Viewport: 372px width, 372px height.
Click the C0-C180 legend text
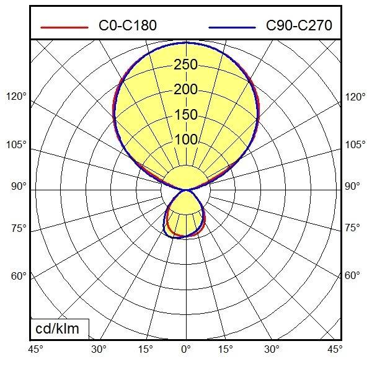[x=128, y=26]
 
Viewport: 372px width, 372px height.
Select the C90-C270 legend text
[x=299, y=26]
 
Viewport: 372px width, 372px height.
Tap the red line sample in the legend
[x=64, y=27]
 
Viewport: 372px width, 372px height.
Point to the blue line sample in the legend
[x=232, y=27]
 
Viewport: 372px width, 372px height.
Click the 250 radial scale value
[x=185, y=64]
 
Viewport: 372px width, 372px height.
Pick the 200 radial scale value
[x=185, y=90]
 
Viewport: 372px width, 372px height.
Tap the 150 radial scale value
[x=185, y=115]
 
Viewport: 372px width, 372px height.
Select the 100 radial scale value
[x=185, y=139]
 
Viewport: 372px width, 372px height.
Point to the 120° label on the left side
[x=17, y=97]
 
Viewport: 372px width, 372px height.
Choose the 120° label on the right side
[x=355, y=97]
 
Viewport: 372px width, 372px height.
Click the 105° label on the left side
[x=17, y=145]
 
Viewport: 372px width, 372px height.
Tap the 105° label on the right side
[x=355, y=145]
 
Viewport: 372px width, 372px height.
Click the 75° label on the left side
[x=19, y=228]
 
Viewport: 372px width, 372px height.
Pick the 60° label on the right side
[x=352, y=275]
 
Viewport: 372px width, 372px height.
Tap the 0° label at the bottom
[x=185, y=349]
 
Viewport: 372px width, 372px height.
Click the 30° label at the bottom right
[x=272, y=349]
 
